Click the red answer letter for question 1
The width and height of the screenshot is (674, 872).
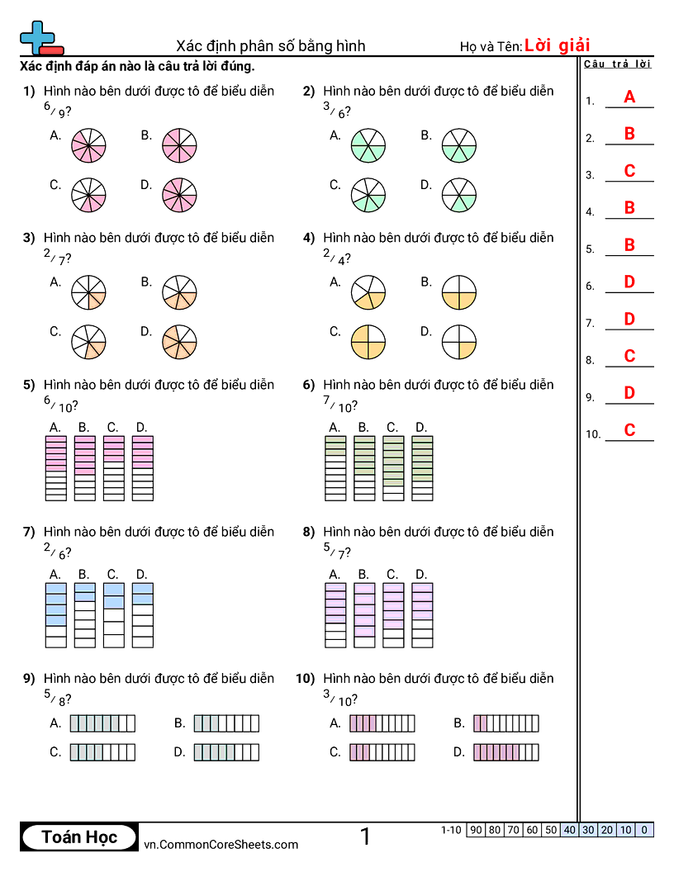[629, 97]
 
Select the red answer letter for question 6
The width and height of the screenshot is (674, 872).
[629, 282]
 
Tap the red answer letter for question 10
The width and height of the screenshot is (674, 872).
[629, 430]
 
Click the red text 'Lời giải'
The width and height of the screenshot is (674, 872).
[557, 45]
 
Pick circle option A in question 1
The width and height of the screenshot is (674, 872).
[88, 145]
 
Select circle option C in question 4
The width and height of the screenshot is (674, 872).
[368, 342]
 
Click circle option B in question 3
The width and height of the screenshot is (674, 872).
[179, 292]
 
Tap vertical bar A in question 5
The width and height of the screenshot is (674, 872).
[55, 468]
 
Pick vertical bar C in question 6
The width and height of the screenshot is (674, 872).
[393, 468]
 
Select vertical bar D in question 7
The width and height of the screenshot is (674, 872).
[142, 615]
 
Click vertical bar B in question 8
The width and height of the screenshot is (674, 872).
[364, 615]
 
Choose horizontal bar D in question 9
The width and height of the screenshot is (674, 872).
[226, 752]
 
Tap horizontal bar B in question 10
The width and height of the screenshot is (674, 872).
[505, 724]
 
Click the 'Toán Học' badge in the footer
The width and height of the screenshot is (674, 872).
[79, 837]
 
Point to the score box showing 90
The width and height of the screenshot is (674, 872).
[476, 830]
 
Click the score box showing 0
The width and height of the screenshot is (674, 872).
[644, 830]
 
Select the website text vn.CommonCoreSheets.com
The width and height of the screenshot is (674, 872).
[221, 844]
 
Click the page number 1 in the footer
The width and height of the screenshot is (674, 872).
[365, 837]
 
